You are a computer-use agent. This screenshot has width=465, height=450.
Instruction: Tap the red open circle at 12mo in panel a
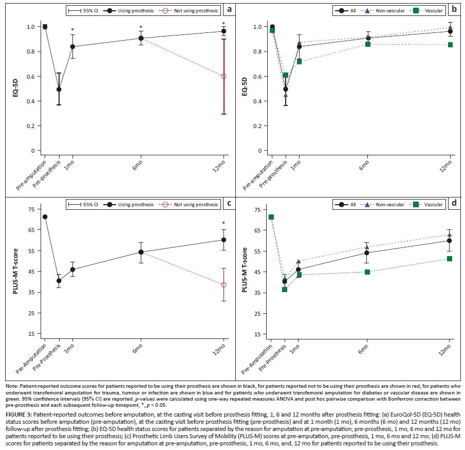click(224, 76)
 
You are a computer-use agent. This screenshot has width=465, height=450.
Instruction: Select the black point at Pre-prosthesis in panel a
click(59, 89)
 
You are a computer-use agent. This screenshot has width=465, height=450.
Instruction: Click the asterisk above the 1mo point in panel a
click(72, 30)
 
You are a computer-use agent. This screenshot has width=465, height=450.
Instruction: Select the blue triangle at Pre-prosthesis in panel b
click(286, 95)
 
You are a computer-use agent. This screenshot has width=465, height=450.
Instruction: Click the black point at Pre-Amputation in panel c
click(45, 217)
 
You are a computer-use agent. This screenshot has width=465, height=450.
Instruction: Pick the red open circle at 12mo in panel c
click(224, 285)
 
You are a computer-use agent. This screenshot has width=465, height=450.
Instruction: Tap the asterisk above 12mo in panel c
click(224, 223)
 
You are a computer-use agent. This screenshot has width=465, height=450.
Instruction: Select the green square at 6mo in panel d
click(367, 272)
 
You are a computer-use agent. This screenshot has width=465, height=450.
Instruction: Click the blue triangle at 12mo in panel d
click(450, 235)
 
